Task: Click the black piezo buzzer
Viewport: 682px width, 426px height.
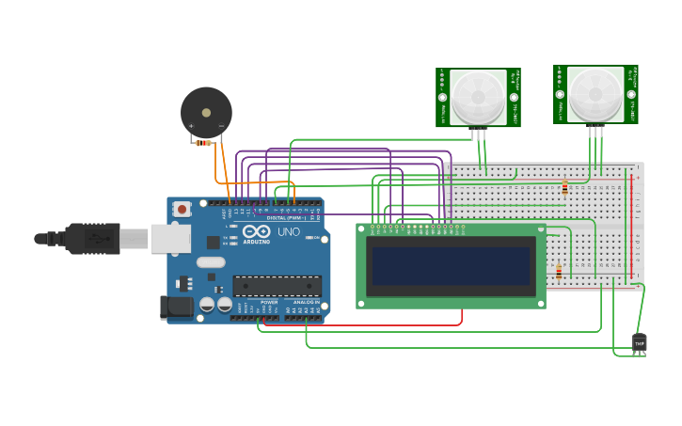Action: (x=206, y=112)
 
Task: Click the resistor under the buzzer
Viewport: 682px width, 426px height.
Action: (x=203, y=143)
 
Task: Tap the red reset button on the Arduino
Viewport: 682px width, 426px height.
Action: (x=182, y=209)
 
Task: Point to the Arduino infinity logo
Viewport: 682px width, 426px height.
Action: (x=256, y=230)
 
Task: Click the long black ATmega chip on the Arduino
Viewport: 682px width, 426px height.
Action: (x=278, y=286)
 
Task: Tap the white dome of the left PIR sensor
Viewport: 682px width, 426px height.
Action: (x=477, y=97)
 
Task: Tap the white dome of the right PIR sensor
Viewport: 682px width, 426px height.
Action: (x=595, y=93)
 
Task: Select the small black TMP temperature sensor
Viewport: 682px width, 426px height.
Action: (x=640, y=343)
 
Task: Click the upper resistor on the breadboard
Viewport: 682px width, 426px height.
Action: (x=564, y=187)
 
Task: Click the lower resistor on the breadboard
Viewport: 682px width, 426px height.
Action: (x=559, y=273)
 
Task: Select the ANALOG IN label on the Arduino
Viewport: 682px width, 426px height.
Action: (x=306, y=302)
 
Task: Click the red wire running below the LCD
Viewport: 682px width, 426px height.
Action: (x=376, y=325)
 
